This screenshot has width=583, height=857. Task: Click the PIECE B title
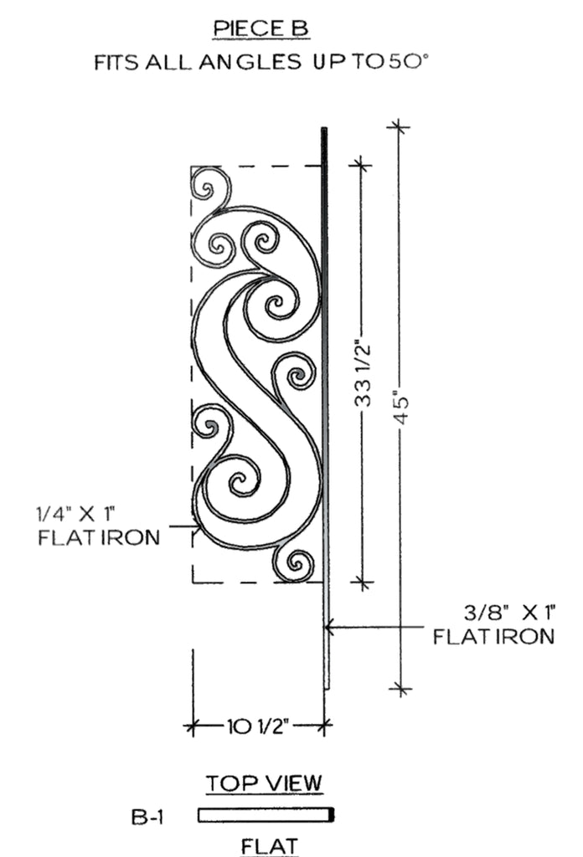[x=261, y=28]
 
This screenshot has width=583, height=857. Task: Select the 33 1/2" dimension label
[x=363, y=375]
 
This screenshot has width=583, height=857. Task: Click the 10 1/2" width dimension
[x=258, y=726]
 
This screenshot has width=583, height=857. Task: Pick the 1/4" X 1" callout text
[x=75, y=515]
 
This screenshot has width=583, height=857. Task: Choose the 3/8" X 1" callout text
[x=510, y=613]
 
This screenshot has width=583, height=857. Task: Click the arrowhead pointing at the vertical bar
[x=330, y=627]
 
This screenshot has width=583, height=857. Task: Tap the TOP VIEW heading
[x=264, y=783]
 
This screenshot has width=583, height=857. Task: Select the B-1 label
[x=147, y=817]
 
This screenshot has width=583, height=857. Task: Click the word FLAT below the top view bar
[x=270, y=846]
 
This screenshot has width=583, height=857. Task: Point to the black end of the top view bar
[x=331, y=815]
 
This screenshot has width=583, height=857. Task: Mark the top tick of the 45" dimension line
[x=399, y=127]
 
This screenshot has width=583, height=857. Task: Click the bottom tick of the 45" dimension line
[x=401, y=688]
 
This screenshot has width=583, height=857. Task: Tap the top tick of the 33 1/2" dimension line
[x=360, y=164]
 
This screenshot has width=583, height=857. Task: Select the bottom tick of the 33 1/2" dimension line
[x=362, y=582]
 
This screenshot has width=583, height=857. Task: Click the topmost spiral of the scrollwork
[x=210, y=188]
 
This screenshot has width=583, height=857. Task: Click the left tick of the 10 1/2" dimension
[x=192, y=726]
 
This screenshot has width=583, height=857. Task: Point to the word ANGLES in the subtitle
[x=250, y=62]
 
